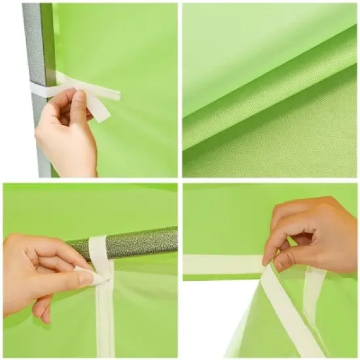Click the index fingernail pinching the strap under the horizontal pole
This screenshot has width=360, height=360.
86,278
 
